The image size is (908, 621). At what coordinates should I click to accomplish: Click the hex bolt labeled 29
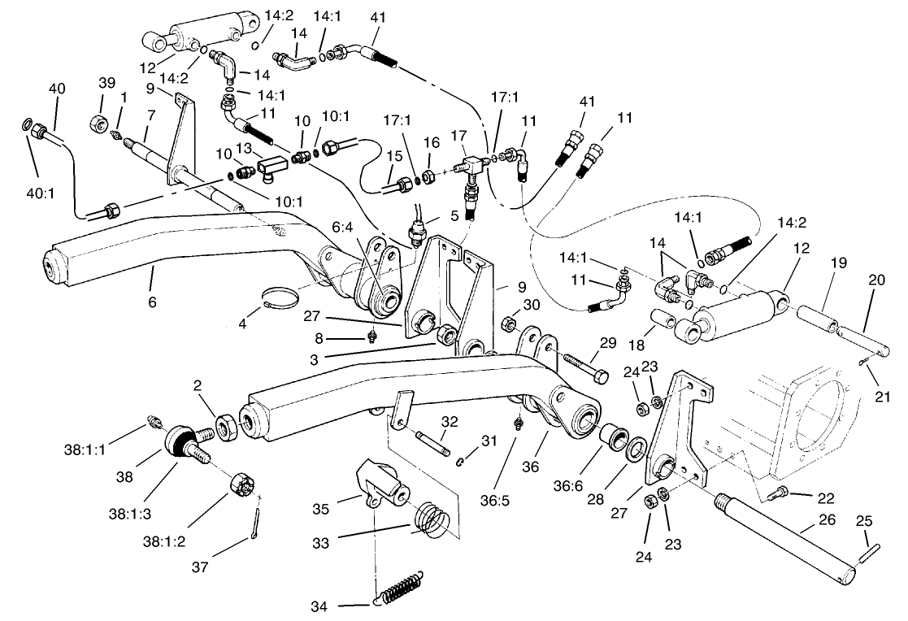(x=582, y=368)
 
